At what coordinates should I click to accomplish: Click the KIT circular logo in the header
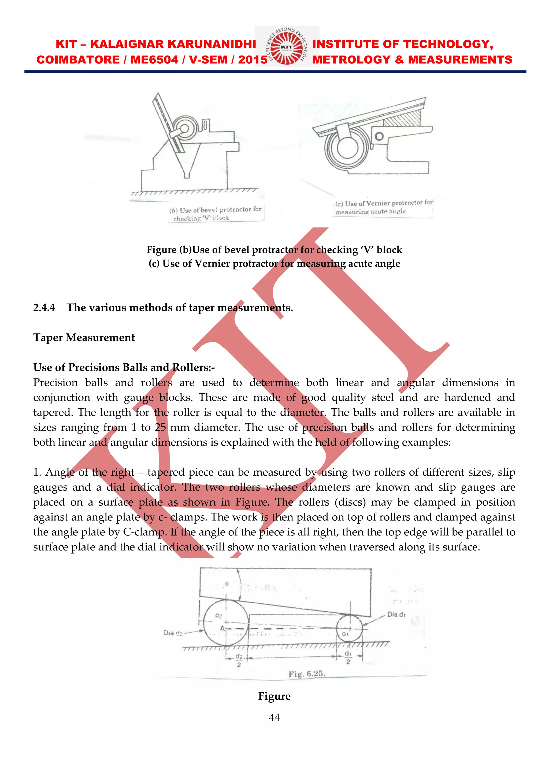click(287, 47)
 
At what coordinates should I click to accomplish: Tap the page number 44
click(274, 717)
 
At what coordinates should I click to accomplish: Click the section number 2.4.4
click(44, 308)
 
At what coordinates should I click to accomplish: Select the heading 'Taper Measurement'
click(84, 337)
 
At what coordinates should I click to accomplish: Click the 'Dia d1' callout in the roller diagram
click(396, 615)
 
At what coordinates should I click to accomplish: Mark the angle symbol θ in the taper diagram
click(227, 584)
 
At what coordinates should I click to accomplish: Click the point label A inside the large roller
click(222, 628)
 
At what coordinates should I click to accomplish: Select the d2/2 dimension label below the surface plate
click(239, 660)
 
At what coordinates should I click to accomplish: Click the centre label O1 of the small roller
click(345, 634)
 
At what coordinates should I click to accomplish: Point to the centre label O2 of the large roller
click(219, 616)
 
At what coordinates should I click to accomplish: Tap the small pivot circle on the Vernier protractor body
click(379, 136)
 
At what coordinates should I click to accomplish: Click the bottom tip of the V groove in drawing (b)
click(187, 176)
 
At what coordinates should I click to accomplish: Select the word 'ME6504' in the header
click(154, 60)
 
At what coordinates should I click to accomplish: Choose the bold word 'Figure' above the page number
click(274, 696)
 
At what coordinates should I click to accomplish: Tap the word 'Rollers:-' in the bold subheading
click(194, 367)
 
